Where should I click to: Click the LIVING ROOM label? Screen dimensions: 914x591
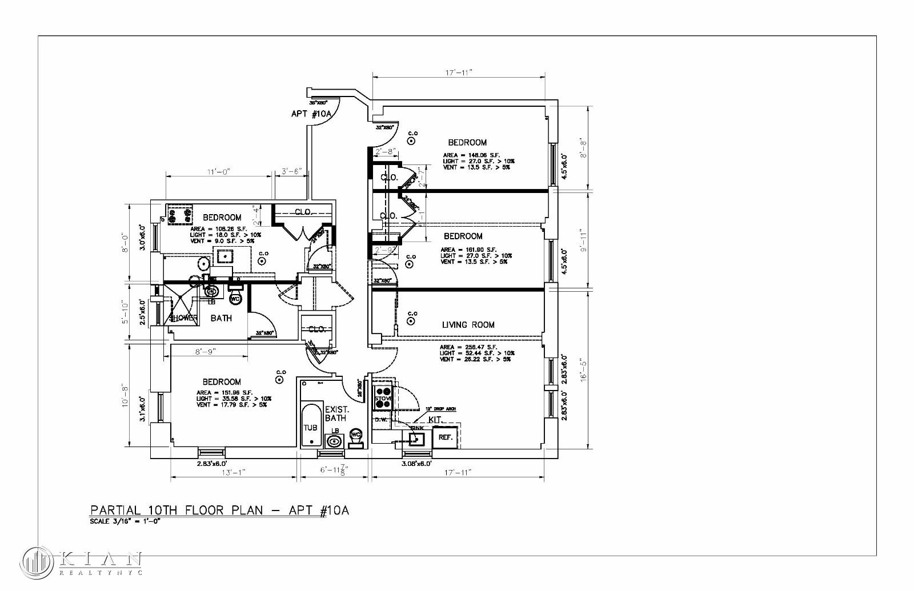[468, 325]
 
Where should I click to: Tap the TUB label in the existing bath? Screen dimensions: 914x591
[310, 428]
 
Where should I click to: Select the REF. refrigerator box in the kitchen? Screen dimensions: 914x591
[446, 437]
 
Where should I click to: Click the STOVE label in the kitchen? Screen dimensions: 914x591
[383, 399]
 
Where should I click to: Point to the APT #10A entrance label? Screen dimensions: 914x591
[311, 114]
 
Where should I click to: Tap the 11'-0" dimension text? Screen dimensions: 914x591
[218, 171]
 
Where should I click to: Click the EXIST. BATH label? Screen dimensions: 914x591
[336, 414]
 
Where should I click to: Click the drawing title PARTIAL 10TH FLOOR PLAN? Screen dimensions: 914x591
[219, 510]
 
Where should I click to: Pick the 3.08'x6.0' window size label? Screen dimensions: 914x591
[416, 464]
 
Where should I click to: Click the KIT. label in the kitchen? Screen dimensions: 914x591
[435, 420]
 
